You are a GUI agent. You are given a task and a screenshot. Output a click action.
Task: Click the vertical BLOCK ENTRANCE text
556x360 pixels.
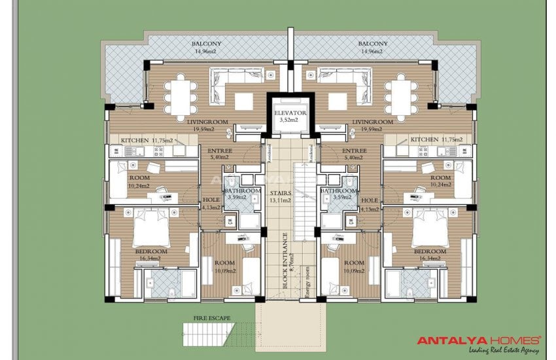[x=286, y=261]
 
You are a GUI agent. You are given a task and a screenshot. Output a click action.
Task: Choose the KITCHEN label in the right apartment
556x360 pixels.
[x=424, y=139]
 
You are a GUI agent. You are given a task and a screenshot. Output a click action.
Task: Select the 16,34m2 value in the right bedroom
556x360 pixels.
[x=428, y=259]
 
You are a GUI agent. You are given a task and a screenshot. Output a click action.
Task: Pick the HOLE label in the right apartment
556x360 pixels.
[x=369, y=200]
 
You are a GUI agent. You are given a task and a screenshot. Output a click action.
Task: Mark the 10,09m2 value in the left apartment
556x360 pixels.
[x=225, y=269]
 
